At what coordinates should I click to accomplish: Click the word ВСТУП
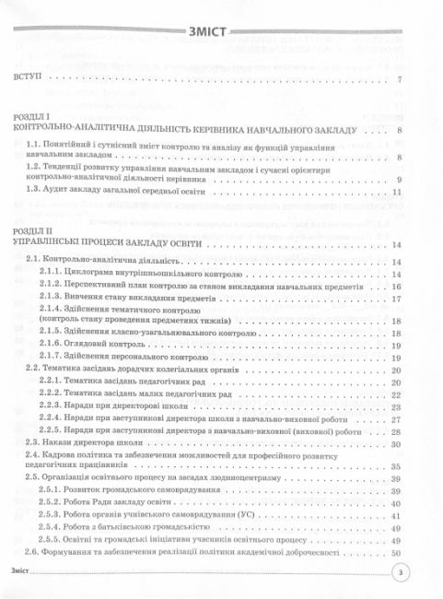click(27, 79)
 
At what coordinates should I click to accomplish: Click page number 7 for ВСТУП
click(401, 79)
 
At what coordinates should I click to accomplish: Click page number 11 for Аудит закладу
click(398, 194)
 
